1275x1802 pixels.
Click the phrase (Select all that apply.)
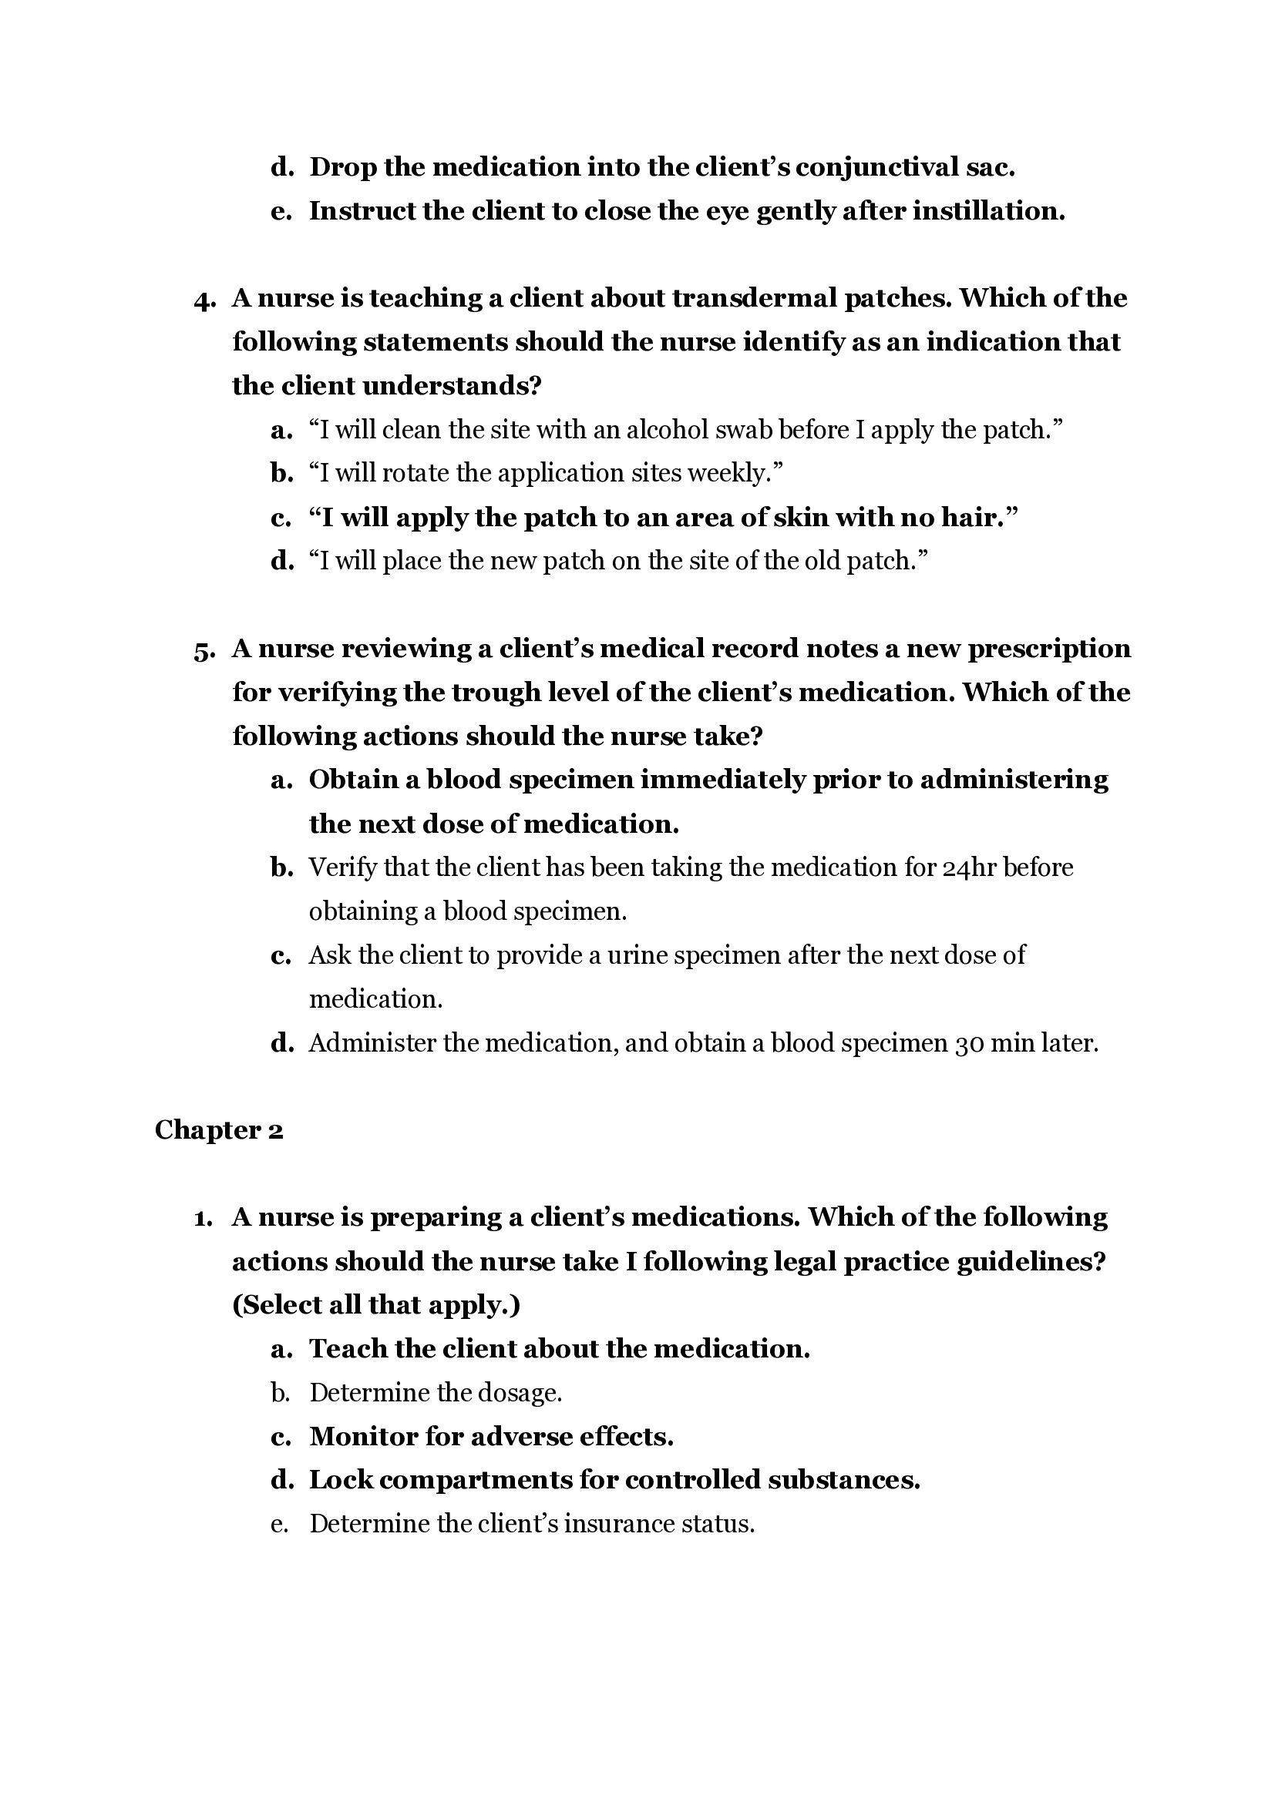pos(376,1304)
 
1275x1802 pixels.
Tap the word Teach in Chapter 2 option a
pos(348,1348)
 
